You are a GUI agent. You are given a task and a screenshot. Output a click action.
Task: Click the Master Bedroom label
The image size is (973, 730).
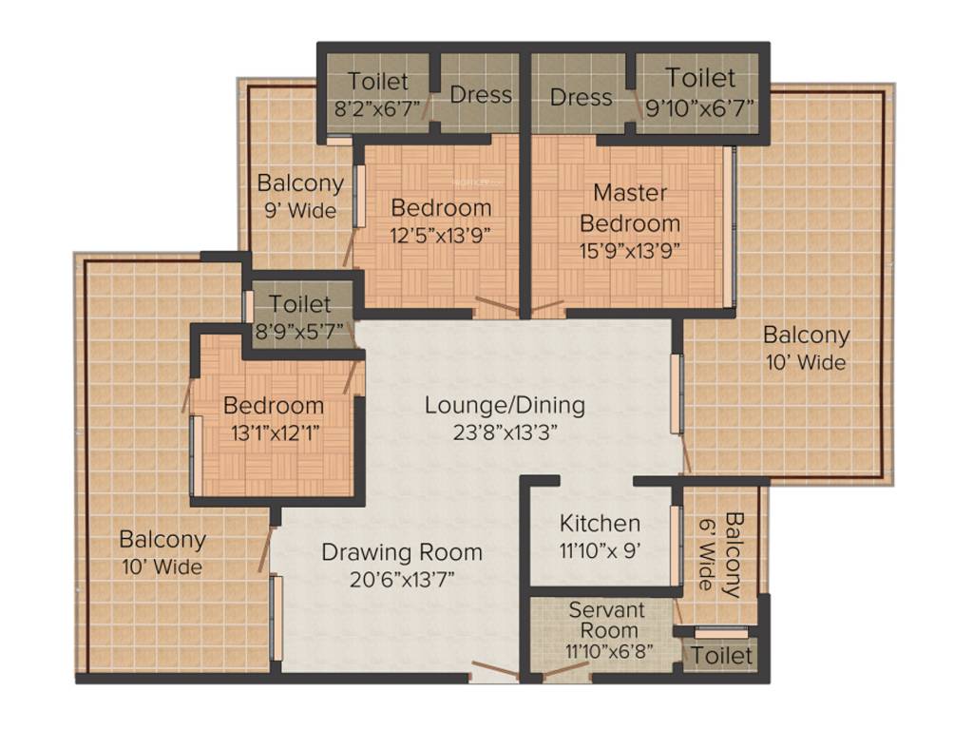(630, 208)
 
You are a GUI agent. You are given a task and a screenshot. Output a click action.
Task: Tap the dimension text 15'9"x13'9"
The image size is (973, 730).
(630, 251)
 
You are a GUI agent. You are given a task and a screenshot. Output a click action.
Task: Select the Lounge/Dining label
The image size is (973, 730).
(505, 406)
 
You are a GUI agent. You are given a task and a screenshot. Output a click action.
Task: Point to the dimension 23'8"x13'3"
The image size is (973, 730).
(505, 432)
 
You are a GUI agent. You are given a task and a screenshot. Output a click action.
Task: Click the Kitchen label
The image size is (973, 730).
(600, 524)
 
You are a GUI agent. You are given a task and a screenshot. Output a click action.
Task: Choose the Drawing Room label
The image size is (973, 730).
(402, 552)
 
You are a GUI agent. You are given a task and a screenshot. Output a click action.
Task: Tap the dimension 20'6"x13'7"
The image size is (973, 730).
(402, 580)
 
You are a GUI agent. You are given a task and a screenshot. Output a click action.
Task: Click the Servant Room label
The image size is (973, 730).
(606, 620)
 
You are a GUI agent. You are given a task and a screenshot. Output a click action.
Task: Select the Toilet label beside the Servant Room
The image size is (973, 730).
(721, 656)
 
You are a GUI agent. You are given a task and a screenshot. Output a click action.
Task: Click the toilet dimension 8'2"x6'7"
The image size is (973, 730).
(376, 108)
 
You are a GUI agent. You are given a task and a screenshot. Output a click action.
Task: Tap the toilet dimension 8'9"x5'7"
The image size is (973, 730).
(300, 332)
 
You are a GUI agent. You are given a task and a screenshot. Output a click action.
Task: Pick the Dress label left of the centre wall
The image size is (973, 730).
(480, 95)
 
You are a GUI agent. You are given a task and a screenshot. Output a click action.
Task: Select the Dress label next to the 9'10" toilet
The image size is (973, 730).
(581, 98)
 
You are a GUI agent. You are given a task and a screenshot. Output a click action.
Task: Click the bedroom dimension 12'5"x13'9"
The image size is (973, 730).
(441, 233)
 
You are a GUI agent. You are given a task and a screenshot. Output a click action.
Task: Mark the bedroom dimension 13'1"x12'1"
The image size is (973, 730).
(274, 432)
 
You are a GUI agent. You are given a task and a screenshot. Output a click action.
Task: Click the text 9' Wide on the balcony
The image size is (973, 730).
(299, 211)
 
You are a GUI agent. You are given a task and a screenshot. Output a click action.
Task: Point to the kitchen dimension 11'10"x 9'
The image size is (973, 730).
(600, 550)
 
